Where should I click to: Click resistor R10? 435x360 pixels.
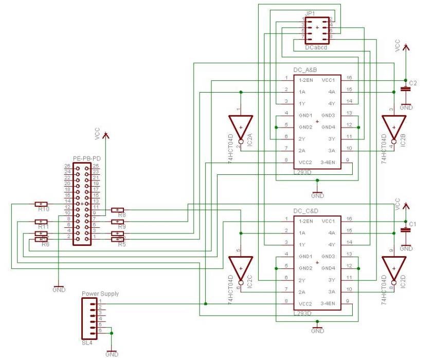pyautogui.click(x=41, y=204)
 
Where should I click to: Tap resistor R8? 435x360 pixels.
pyautogui.click(x=118, y=210)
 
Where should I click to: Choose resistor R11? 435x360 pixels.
pyautogui.click(x=41, y=222)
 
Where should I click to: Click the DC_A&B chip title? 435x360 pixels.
pyautogui.click(x=305, y=70)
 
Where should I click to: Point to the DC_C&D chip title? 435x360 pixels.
pyautogui.click(x=305, y=211)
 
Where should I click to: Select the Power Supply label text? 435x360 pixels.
pyautogui.click(x=100, y=294)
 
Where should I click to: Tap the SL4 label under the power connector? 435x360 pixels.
pyautogui.click(x=87, y=340)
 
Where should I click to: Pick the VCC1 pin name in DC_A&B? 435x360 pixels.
pyautogui.click(x=328, y=80)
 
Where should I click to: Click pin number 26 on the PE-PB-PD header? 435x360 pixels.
pyautogui.click(x=67, y=166)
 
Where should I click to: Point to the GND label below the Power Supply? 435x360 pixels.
pyautogui.click(x=112, y=354)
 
